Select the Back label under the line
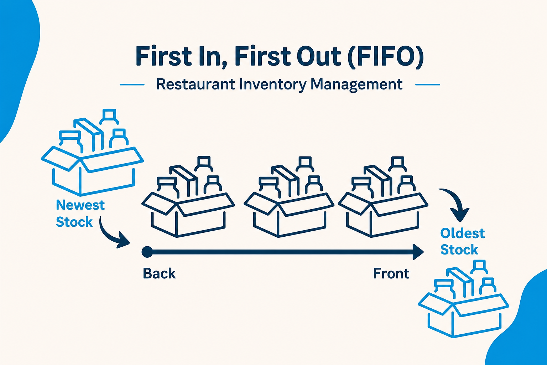[159, 273]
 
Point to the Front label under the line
[391, 273]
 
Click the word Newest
[80, 205]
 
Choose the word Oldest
[463, 233]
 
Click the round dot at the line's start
[147, 252]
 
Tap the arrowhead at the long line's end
[418, 252]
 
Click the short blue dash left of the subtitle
[132, 85]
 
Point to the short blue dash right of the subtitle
[428, 85]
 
